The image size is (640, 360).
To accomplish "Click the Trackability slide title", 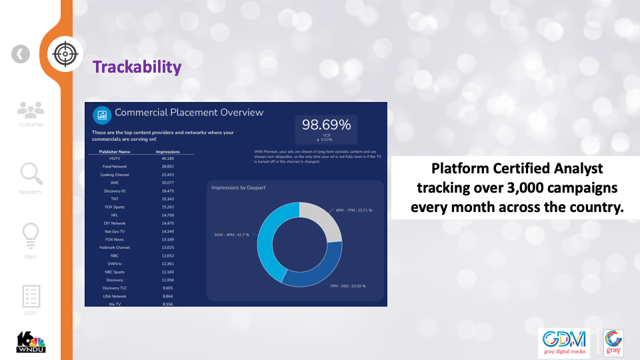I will [x=137, y=67].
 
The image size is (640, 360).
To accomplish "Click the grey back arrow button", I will [x=21, y=54].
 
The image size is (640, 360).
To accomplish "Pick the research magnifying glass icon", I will [x=31, y=174].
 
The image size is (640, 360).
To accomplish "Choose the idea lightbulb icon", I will [x=31, y=235].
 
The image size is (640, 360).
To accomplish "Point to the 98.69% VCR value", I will [x=326, y=125].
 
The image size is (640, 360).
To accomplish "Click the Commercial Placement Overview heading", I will [x=189, y=113].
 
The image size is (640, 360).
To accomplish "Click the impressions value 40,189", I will [x=167, y=159].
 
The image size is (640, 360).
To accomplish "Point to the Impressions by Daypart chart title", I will [x=239, y=188].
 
